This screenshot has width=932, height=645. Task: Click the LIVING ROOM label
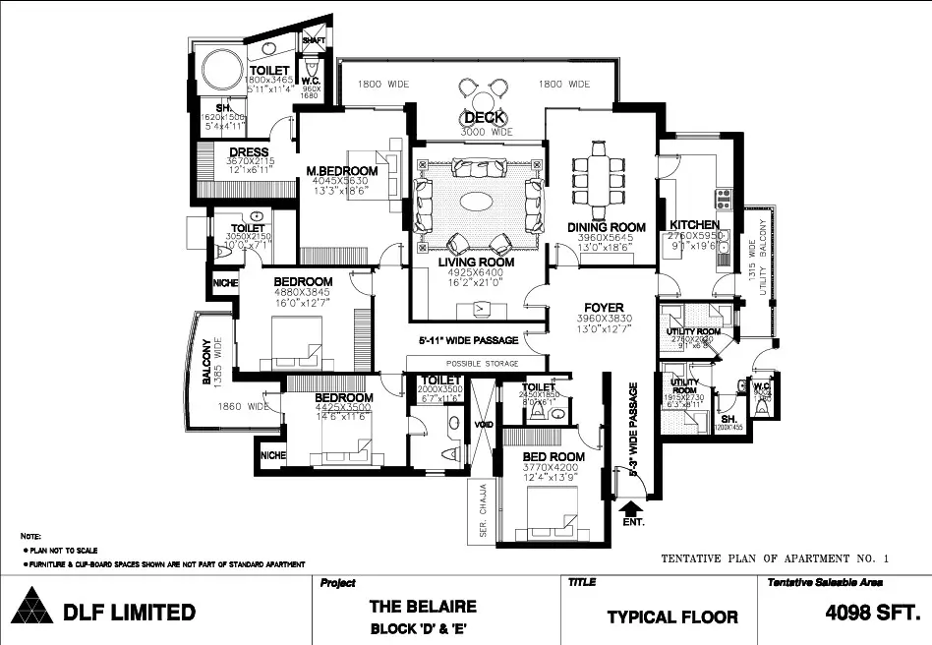coord(476,263)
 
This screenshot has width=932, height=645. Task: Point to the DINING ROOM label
coord(606,228)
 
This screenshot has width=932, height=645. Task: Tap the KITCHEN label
coord(695,225)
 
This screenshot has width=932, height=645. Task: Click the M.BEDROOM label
coord(341,170)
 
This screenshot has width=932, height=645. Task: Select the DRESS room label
coord(250,151)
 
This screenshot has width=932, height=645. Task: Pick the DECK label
coord(486,119)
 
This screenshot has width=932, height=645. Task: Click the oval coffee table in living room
coord(479,202)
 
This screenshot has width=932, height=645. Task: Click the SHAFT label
coord(314,40)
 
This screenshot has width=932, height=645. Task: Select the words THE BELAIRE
coord(423,607)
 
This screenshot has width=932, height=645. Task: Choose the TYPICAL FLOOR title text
coord(671,617)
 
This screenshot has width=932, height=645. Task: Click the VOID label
coord(483,425)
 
